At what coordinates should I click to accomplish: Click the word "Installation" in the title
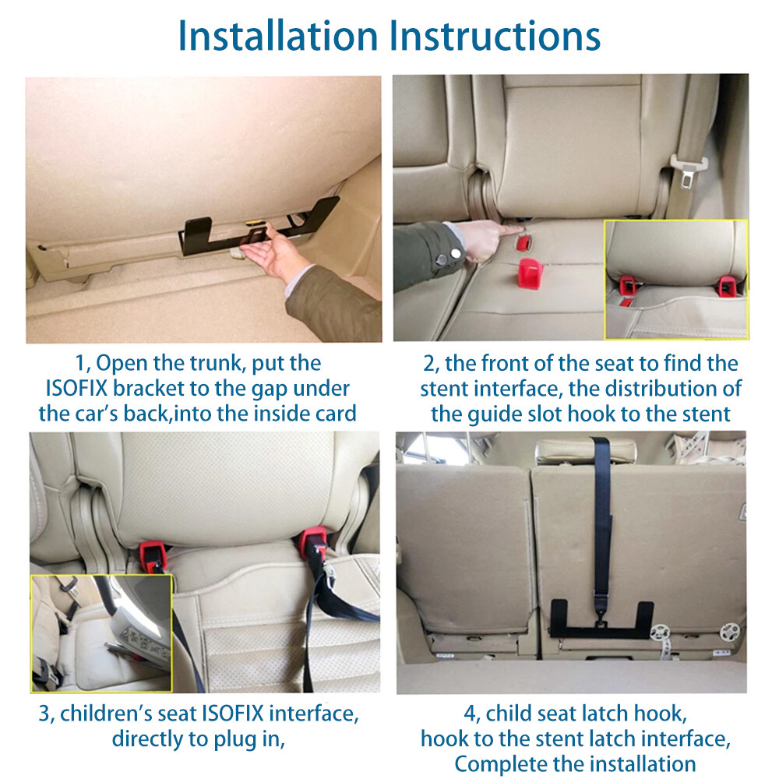[x=278, y=36]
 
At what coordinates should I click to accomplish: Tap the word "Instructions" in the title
[x=495, y=36]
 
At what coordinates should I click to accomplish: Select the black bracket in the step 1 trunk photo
[x=258, y=227]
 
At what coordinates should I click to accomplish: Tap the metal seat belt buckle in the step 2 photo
[x=688, y=171]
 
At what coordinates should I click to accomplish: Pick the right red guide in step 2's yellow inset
[x=727, y=286]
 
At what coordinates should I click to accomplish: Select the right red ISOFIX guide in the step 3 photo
[x=313, y=543]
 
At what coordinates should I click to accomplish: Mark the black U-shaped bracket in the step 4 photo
[x=601, y=630]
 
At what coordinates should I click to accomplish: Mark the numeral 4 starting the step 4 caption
[x=470, y=714]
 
